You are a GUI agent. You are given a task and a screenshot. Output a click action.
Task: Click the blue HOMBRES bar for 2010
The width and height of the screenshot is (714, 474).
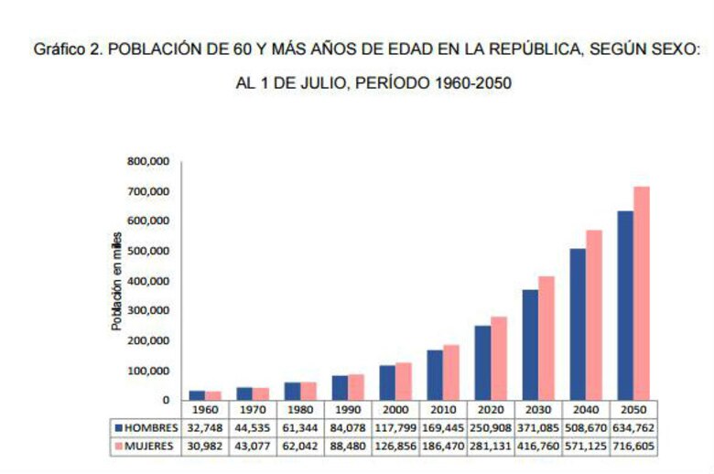click(435, 374)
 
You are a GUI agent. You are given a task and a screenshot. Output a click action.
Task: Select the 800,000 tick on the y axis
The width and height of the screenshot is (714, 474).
click(149, 162)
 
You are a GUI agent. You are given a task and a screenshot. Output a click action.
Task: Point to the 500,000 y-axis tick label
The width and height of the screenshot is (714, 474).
click(149, 251)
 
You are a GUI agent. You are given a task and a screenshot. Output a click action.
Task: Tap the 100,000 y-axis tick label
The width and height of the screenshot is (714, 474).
click(149, 370)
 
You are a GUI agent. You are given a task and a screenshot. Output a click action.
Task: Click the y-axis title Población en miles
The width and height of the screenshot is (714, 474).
click(116, 281)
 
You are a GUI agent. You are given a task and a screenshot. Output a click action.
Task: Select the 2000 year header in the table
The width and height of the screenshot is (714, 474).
click(395, 410)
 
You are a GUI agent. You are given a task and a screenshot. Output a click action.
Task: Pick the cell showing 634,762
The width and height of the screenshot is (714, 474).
click(633, 427)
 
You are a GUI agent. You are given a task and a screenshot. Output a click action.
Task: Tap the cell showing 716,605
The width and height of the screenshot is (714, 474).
click(633, 446)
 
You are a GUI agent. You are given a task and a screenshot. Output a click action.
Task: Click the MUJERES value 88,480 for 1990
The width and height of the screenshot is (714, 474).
click(348, 446)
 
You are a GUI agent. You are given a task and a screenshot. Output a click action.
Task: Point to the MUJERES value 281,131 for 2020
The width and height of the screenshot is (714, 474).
click(491, 446)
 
